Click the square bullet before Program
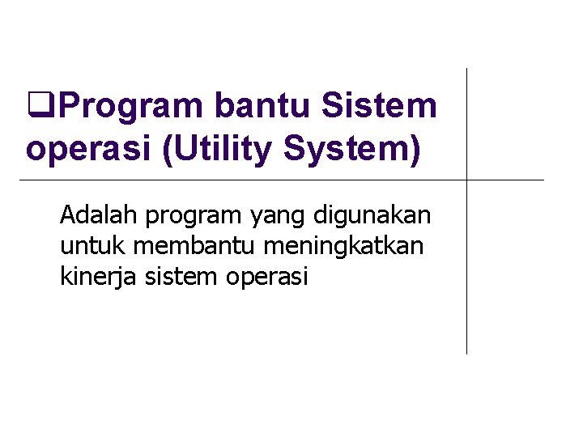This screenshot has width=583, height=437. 35,105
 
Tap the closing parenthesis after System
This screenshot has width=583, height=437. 415,150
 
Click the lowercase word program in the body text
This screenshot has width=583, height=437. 194,217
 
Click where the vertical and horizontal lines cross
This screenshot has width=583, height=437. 467,179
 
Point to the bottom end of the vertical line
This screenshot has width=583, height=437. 467,353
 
